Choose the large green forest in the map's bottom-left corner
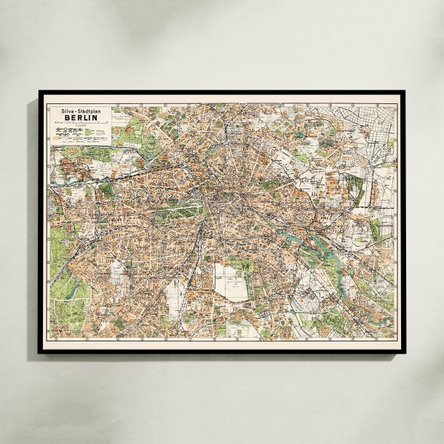pyautogui.click(x=69, y=306)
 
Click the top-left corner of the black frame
pyautogui.click(x=39, y=92)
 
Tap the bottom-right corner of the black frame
pyautogui.click(x=405, y=353)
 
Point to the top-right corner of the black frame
pyautogui.click(x=405, y=92)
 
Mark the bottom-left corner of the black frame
pyautogui.click(x=39, y=353)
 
